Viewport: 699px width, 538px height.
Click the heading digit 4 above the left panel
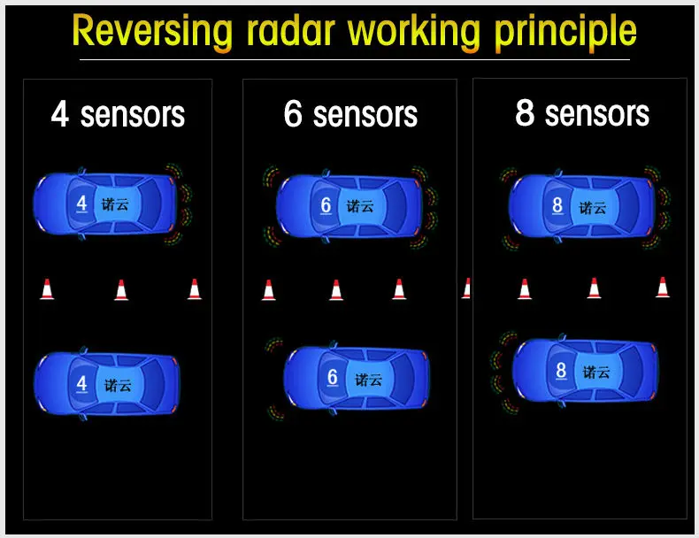pyautogui.click(x=60, y=115)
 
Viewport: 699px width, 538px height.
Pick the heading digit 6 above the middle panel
pyautogui.click(x=293, y=115)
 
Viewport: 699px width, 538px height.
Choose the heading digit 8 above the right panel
pyautogui.click(x=525, y=114)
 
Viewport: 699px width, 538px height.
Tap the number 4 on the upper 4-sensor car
pyautogui.click(x=81, y=204)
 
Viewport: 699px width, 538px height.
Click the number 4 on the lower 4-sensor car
pyautogui.click(x=81, y=384)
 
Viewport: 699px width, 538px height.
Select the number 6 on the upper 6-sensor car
pyautogui.click(x=326, y=205)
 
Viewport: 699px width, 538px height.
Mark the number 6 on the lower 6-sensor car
pyautogui.click(x=333, y=377)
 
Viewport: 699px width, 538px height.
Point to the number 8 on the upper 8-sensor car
pyautogui.click(x=557, y=205)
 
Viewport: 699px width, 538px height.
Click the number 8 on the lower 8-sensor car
pyautogui.click(x=561, y=370)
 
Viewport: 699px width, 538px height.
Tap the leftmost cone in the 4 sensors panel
pyautogui.click(x=47, y=288)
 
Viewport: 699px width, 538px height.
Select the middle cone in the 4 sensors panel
pyautogui.click(x=121, y=288)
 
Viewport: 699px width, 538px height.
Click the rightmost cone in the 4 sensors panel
pyautogui.click(x=195, y=288)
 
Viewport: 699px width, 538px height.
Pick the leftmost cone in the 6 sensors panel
pyautogui.click(x=268, y=289)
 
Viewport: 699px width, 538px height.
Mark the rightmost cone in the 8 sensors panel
pyautogui.click(x=663, y=287)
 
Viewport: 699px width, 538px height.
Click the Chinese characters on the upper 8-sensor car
pyautogui.click(x=593, y=208)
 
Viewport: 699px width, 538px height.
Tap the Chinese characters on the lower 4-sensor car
pyautogui.click(x=118, y=386)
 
